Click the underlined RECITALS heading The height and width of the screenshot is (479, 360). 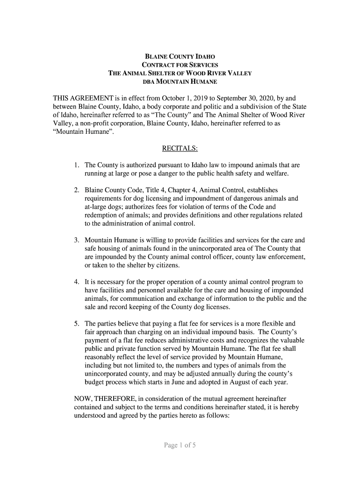click(180, 149)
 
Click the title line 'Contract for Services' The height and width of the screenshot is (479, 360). click(180, 65)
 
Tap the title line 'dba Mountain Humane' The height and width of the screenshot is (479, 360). click(180, 82)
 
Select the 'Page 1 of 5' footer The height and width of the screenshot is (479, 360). click(180, 445)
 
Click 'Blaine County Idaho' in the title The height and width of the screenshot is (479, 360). click(180, 56)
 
